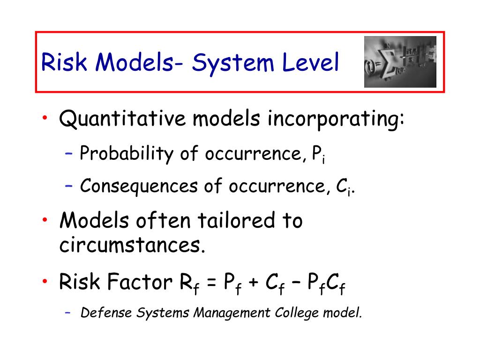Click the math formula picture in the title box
click(400, 62)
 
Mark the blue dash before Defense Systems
click(68, 312)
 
